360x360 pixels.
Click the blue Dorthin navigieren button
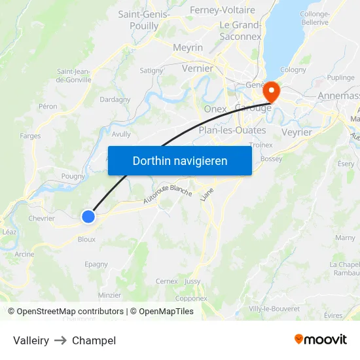coord(180,160)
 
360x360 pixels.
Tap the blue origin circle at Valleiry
coord(88,217)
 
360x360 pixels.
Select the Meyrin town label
coord(188,48)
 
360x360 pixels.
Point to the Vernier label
coord(198,68)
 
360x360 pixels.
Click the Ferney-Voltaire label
coord(223,10)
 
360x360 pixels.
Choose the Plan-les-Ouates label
coord(232,130)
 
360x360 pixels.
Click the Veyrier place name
coord(297,132)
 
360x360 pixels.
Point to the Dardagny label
coord(115,99)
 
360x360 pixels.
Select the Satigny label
coord(151,70)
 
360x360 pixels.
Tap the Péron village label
coord(48,106)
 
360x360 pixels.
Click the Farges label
coord(30,136)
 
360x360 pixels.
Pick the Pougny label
coord(73,176)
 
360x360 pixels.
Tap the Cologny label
coord(293,70)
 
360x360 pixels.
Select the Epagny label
coord(96,264)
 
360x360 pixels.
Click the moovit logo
coord(321,339)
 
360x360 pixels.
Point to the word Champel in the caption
coord(94,340)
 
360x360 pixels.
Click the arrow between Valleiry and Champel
coord(61,340)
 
